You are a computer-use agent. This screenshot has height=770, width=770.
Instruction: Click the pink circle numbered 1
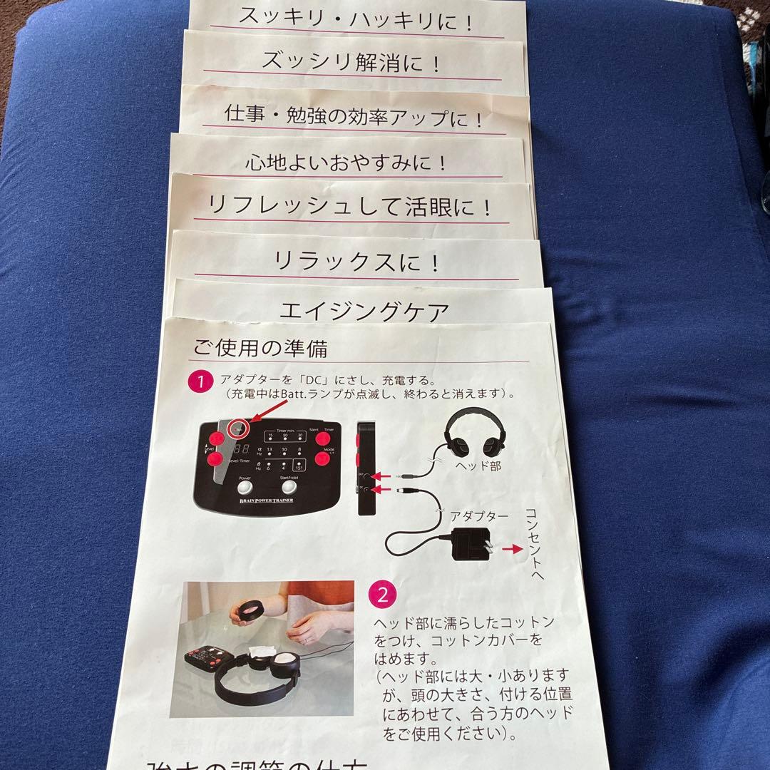coord(200,381)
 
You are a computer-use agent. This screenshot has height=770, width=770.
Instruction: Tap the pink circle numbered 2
coord(382,592)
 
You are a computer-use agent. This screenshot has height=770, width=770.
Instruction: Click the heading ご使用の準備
coord(260,349)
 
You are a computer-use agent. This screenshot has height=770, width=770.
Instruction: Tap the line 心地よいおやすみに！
coord(346,163)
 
